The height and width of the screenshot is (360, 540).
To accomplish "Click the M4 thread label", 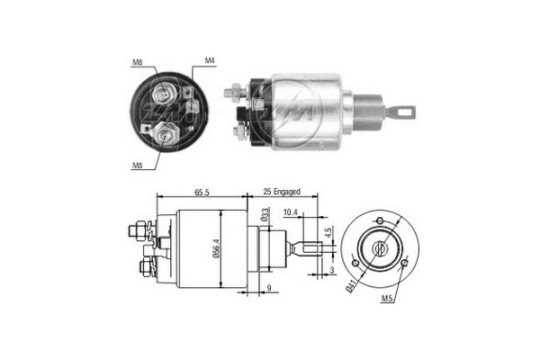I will [x=209, y=61].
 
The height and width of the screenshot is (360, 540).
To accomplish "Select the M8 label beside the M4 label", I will [x=137, y=62].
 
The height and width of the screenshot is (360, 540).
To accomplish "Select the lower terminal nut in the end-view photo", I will [x=165, y=135].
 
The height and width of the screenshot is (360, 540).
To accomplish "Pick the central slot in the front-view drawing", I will [x=381, y=247].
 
